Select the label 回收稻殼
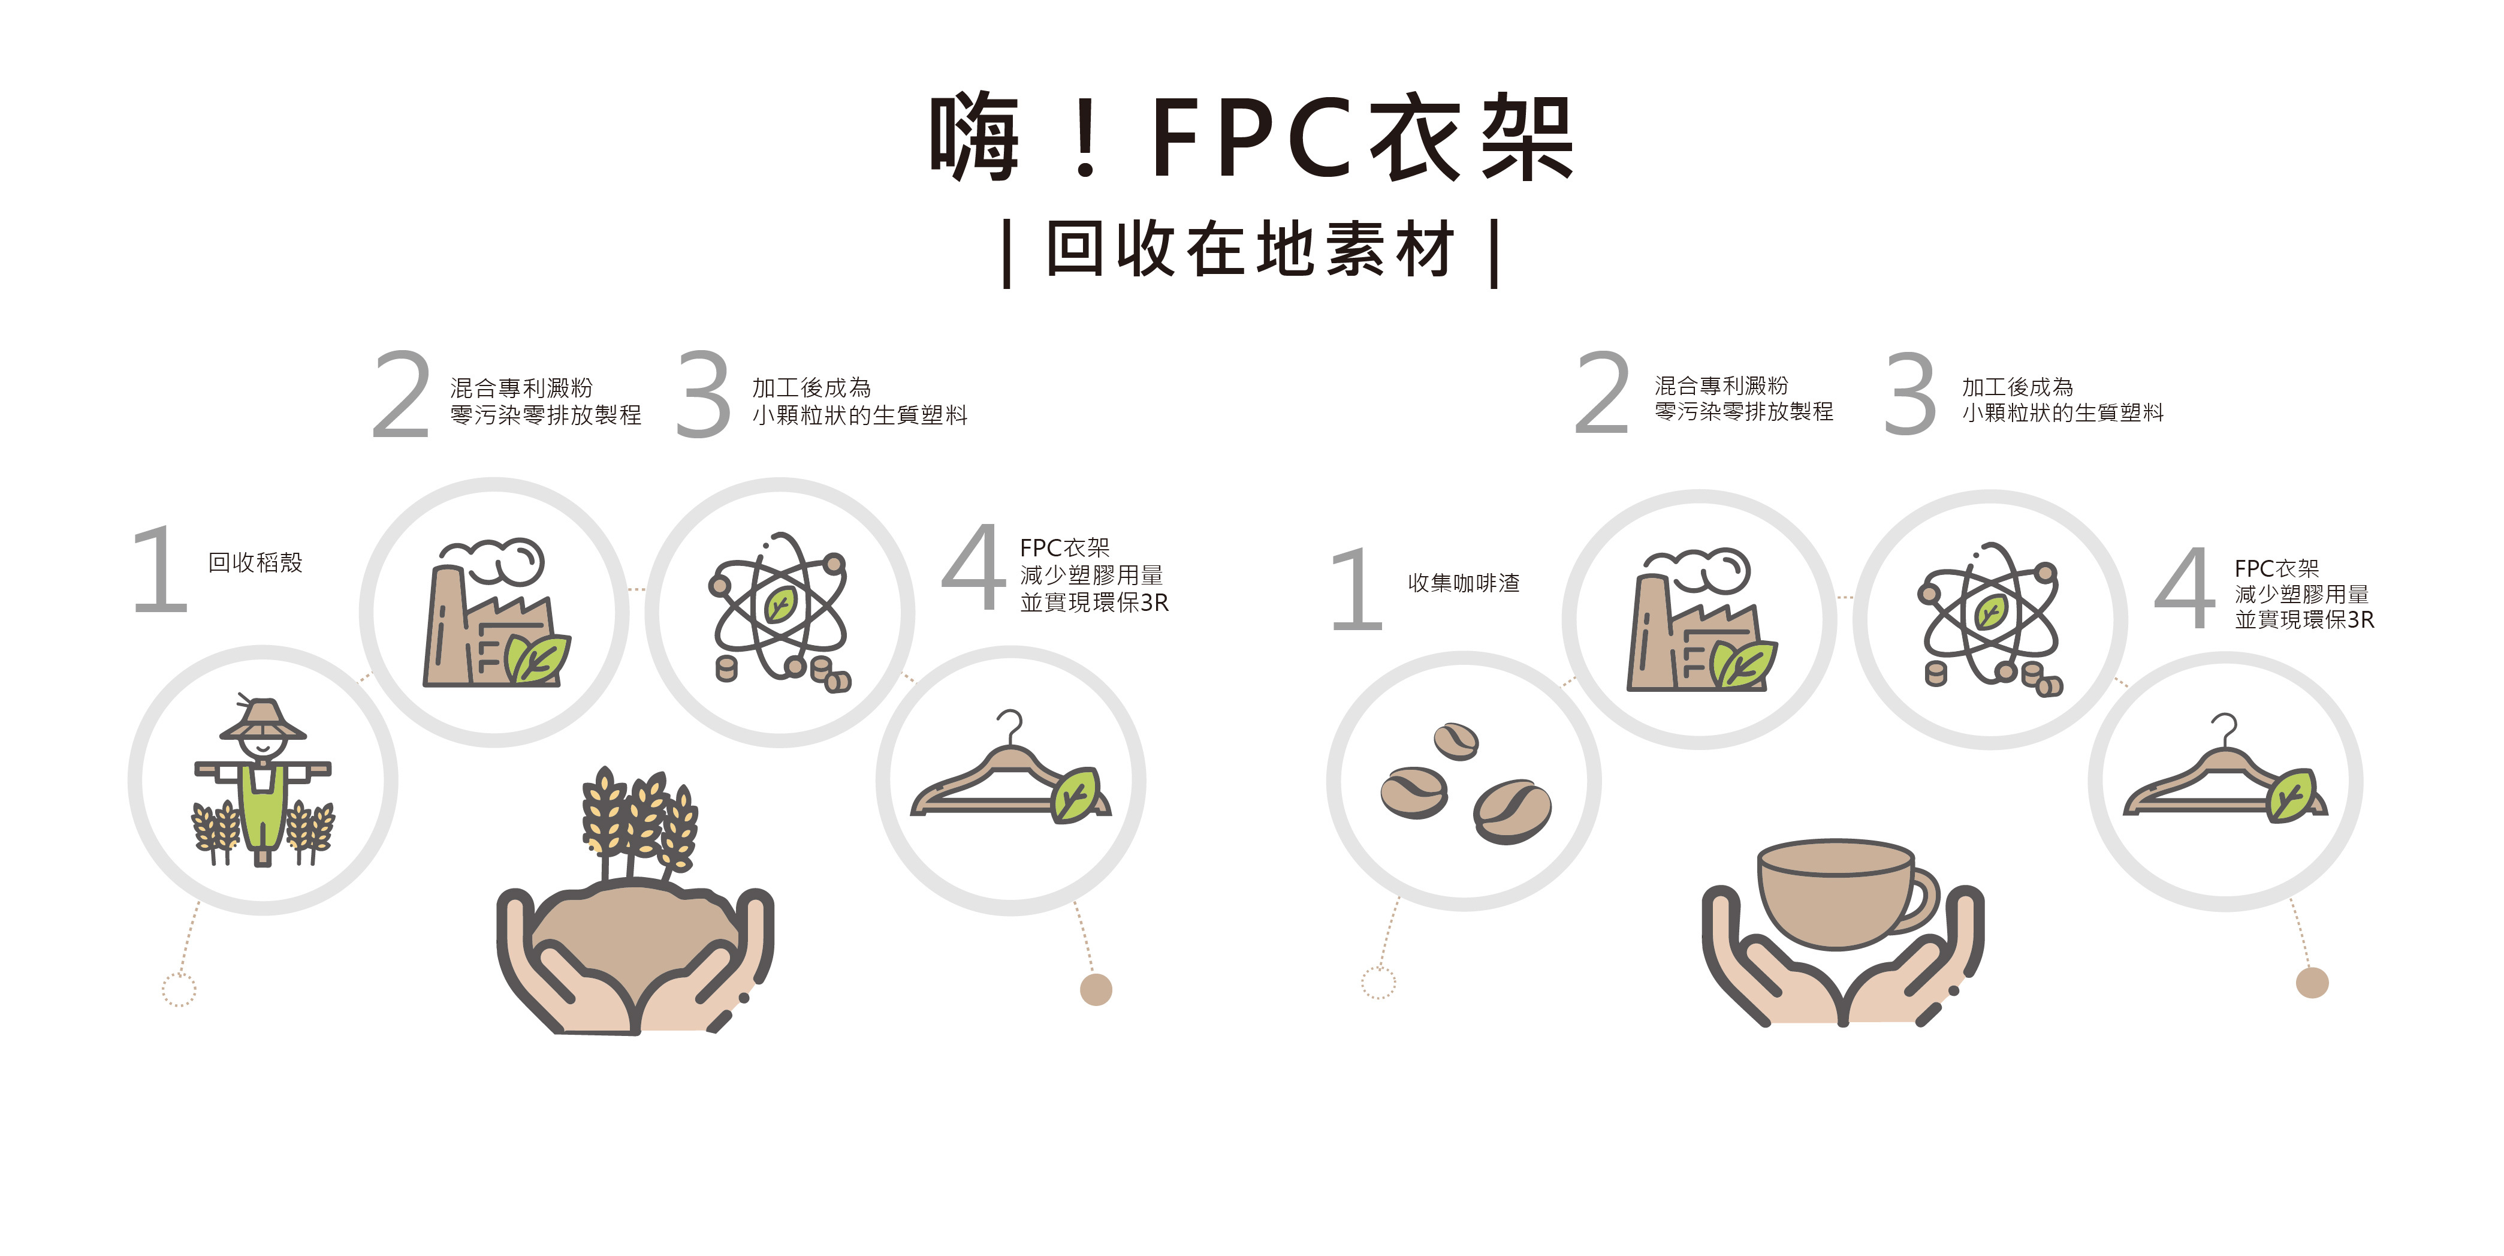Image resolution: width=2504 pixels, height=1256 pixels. [x=255, y=563]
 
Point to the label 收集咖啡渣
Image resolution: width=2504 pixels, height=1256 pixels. [x=1463, y=583]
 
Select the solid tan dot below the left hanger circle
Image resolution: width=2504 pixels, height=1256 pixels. [x=1096, y=990]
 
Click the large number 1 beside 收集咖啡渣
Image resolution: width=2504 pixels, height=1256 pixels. [x=1357, y=589]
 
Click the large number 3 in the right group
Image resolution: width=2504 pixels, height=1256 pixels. [x=1910, y=394]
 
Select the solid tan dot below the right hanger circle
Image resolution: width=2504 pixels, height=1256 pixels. [x=2312, y=983]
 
